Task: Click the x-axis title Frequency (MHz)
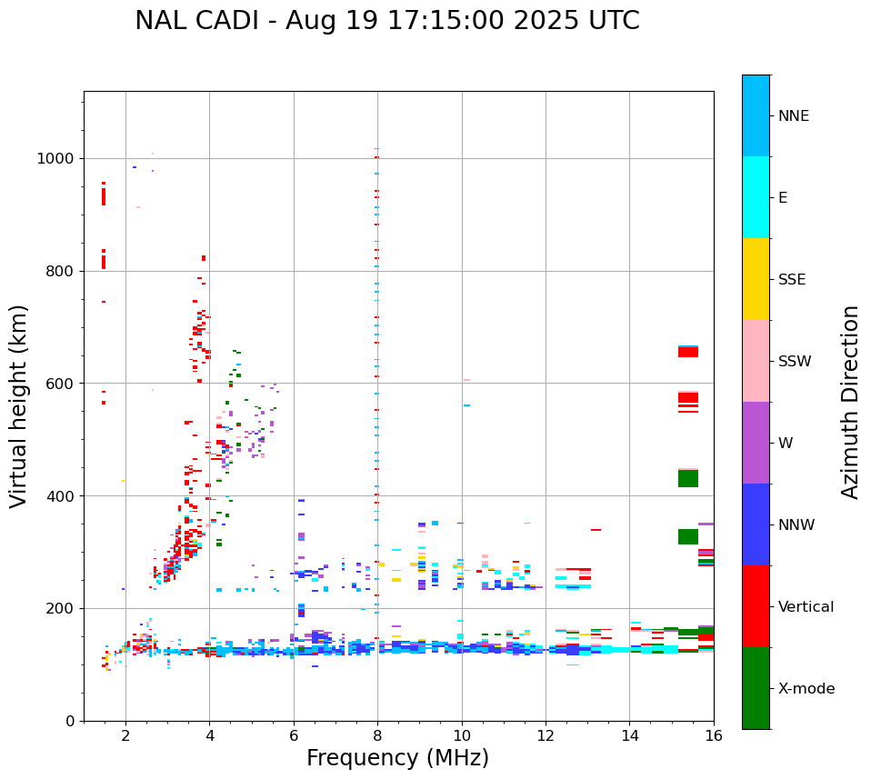(397, 758)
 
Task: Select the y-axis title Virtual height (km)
(20, 406)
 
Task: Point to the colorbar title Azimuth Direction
(850, 402)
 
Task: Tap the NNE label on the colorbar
(793, 116)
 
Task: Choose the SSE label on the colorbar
(791, 280)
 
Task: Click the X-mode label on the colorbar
(806, 689)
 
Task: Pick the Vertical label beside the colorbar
(806, 607)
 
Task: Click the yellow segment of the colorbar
(756, 279)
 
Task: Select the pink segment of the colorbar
(756, 361)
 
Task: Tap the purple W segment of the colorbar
(756, 443)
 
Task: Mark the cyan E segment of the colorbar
(756, 197)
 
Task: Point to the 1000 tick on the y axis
(57, 158)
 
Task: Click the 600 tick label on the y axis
(61, 384)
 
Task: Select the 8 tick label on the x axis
(377, 735)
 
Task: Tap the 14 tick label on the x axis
(629, 735)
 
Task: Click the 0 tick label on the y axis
(70, 721)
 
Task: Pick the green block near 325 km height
(688, 537)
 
